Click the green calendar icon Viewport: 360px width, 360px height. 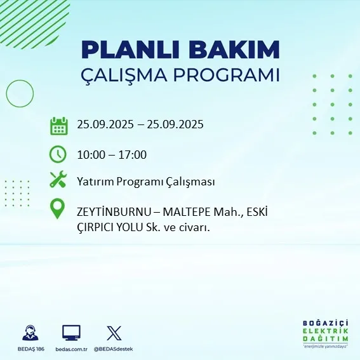click(58, 125)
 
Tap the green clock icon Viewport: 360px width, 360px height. click(58, 154)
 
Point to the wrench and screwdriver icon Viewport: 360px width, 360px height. click(58, 180)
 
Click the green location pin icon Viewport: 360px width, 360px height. click(58, 210)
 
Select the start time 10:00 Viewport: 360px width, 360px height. click(90, 154)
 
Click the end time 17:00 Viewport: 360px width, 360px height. click(133, 154)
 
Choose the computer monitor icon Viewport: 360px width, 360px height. click(71, 332)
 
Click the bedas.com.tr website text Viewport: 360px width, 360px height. click(70, 349)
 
